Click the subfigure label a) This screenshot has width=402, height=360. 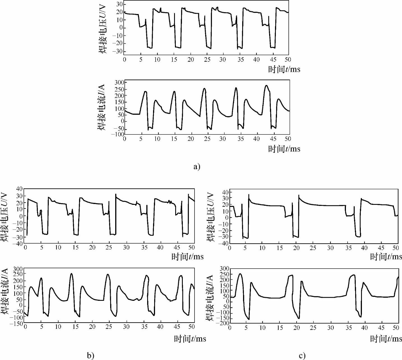tap(197, 166)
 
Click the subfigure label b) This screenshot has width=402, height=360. tap(91, 356)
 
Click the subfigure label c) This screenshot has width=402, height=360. tap(302, 356)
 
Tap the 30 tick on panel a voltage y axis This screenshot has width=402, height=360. tap(119, 4)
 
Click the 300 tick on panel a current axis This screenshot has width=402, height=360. tap(119, 82)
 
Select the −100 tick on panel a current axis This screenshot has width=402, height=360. tap(117, 134)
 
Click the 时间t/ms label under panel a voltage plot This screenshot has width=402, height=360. tap(284, 69)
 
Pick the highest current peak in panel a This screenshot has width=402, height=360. tap(266, 86)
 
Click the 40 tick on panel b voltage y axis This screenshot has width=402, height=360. tap(19, 189)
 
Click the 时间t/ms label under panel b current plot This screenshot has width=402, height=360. tap(190, 339)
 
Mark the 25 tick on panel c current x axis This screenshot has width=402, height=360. tap(313, 327)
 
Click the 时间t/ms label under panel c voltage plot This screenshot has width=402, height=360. tap(386, 256)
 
